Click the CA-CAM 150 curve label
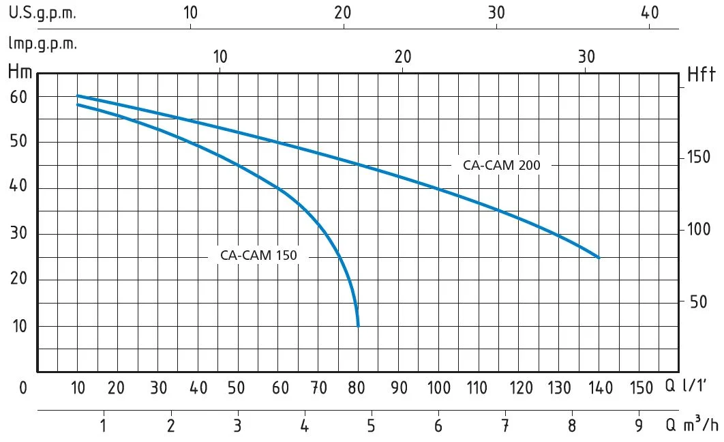(258, 256)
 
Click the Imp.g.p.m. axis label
(42, 44)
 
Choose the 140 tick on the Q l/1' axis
(601, 388)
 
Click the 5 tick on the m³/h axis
(372, 427)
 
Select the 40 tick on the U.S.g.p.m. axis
(650, 12)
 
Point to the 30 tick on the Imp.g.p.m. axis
(586, 57)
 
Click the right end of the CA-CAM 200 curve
(599, 257)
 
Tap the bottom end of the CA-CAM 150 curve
(358, 325)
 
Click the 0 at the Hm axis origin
(23, 388)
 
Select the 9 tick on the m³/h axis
(639, 427)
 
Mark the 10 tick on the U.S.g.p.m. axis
(190, 12)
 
